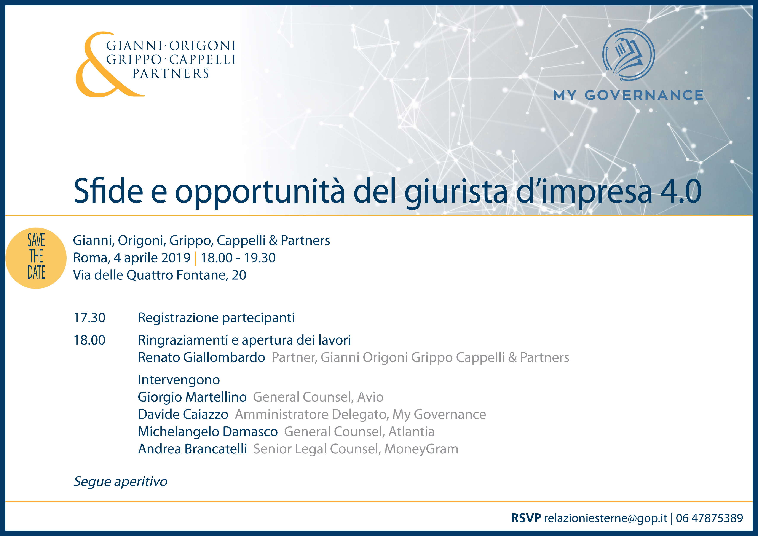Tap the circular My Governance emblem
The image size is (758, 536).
pyautogui.click(x=628, y=55)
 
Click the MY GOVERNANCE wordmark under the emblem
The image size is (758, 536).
pyautogui.click(x=628, y=95)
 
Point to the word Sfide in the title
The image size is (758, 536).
pyautogui.click(x=108, y=190)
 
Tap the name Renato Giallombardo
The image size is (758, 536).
pyautogui.click(x=201, y=357)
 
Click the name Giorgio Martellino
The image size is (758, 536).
pyautogui.click(x=192, y=397)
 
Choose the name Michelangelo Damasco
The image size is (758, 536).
pyautogui.click(x=208, y=432)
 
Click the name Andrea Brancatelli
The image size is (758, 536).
pyautogui.click(x=192, y=449)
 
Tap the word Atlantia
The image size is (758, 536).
pyautogui.click(x=411, y=432)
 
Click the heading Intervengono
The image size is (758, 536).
pyautogui.click(x=179, y=380)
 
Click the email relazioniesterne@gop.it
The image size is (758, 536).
pyautogui.click(x=605, y=518)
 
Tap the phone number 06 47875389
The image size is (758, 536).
pyautogui.click(x=709, y=518)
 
